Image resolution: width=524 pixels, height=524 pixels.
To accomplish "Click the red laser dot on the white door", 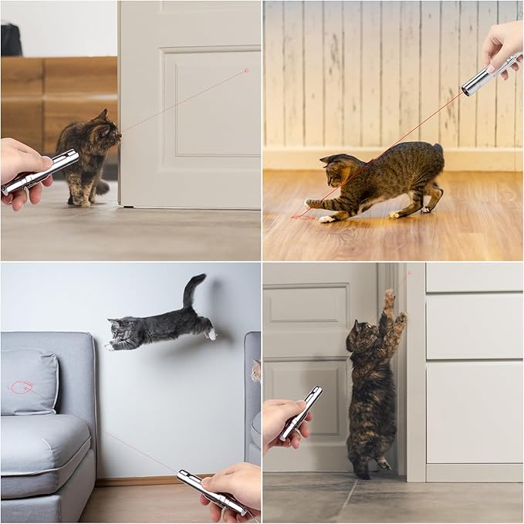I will click(x=246, y=70).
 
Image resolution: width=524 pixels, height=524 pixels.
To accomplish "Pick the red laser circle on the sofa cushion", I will click(x=22, y=387).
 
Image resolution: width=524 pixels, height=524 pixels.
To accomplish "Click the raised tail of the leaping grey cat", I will click(x=192, y=289).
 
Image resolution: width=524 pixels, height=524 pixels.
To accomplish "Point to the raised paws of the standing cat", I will click(x=394, y=305).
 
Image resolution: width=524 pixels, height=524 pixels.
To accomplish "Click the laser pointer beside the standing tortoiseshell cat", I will click(x=301, y=413).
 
